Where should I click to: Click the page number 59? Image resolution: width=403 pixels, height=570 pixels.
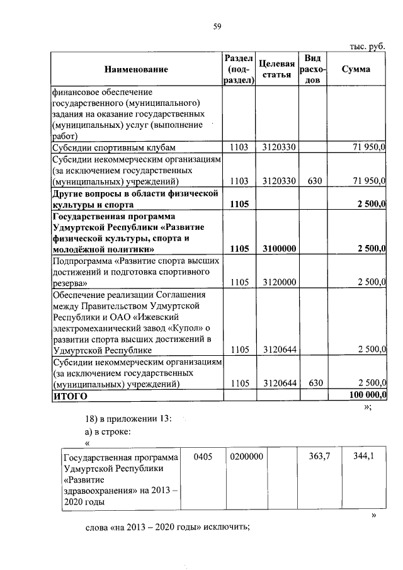click(x=217, y=25)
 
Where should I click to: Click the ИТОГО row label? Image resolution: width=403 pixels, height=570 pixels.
click(x=71, y=396)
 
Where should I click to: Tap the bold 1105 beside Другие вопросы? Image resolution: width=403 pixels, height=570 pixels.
click(x=240, y=203)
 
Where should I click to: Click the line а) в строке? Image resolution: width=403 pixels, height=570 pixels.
click(x=108, y=431)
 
